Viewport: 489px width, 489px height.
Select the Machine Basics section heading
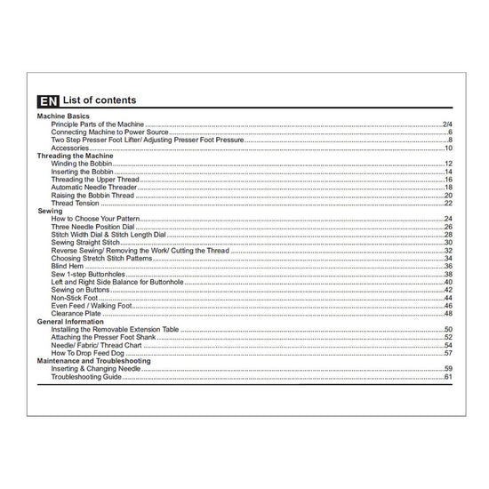[63, 117]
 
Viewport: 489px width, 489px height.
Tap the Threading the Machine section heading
[75, 156]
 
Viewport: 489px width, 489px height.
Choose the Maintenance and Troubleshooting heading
[92, 362]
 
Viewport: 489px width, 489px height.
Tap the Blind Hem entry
[68, 267]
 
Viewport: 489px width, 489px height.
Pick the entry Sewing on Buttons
[79, 290]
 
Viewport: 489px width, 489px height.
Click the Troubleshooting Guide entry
[86, 377]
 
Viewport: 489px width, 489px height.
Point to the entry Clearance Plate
[76, 314]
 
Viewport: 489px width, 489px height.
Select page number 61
[449, 377]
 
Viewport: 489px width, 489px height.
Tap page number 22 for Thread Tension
[449, 204]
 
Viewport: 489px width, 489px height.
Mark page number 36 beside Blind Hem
[449, 267]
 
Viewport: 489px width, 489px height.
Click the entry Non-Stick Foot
[75, 298]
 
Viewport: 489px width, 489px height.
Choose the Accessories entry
[70, 148]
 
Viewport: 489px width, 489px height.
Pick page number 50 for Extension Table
[449, 330]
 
